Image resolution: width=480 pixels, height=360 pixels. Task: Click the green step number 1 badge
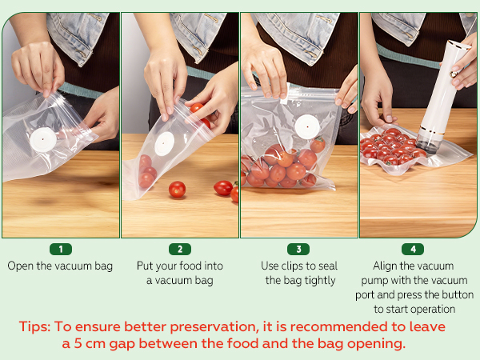click(x=61, y=249)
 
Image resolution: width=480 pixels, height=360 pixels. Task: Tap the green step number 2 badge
click(x=180, y=249)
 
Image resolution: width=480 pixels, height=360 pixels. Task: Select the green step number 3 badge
click(x=298, y=249)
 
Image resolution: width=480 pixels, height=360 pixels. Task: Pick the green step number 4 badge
click(x=413, y=249)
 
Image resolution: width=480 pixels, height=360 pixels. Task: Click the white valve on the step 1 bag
click(x=43, y=139)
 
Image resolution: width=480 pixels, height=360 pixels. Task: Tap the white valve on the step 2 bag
click(x=164, y=143)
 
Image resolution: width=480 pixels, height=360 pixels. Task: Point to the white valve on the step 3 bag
click(x=307, y=126)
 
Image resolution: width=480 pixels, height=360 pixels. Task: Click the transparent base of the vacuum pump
click(x=428, y=142)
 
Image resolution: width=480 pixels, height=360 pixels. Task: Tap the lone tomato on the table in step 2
click(x=177, y=189)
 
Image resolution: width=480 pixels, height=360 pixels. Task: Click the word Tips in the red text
click(x=34, y=327)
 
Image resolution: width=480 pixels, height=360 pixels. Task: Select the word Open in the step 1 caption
click(x=21, y=266)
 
